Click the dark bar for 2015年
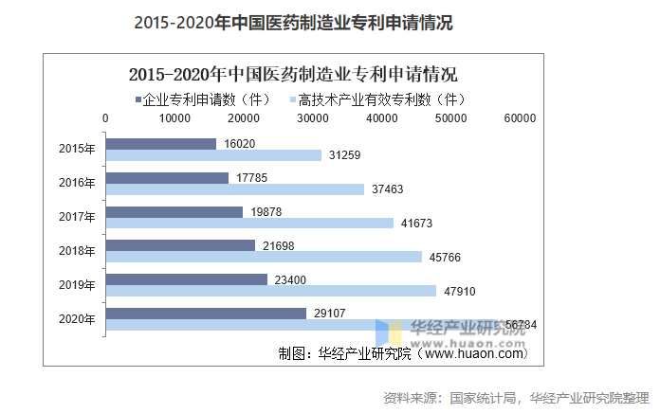[x=161, y=144]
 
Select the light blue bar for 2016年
[x=234, y=189]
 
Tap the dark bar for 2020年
[x=206, y=313]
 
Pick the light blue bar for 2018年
[x=264, y=257]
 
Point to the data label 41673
[x=415, y=224]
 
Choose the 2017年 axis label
[x=78, y=217]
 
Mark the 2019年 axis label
[x=78, y=285]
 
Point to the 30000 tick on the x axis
[x=313, y=118]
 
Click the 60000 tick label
[x=520, y=118]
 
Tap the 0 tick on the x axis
[x=105, y=118]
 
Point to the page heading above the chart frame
[x=294, y=23]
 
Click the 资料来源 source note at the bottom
[x=516, y=396]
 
